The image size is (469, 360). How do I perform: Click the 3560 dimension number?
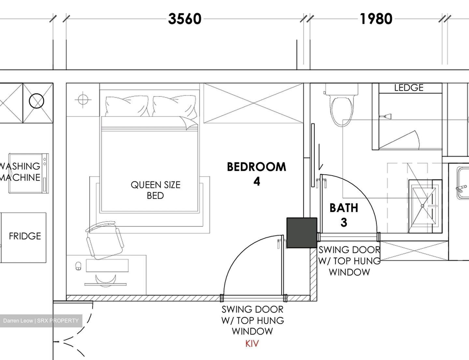click(185, 19)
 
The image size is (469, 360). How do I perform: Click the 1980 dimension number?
click(376, 19)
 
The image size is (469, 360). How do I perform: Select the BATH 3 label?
click(344, 215)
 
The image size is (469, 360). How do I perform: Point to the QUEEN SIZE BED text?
click(155, 190)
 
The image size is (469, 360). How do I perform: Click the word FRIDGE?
click(25, 236)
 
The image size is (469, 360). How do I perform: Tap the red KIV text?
click(252, 344)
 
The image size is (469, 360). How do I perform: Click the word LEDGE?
click(408, 88)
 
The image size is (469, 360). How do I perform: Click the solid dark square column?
click(302, 233)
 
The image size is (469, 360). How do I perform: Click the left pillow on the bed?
click(127, 106)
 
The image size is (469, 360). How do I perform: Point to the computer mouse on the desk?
click(78, 266)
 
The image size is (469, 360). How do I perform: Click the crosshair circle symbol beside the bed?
click(83, 100)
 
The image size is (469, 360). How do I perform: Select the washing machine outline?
click(28, 173)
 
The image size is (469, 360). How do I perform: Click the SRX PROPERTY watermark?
click(41, 321)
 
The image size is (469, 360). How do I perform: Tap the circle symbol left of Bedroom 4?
click(36, 101)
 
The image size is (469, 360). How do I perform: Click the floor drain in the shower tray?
click(422, 206)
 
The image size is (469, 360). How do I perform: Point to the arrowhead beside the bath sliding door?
click(321, 167)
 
